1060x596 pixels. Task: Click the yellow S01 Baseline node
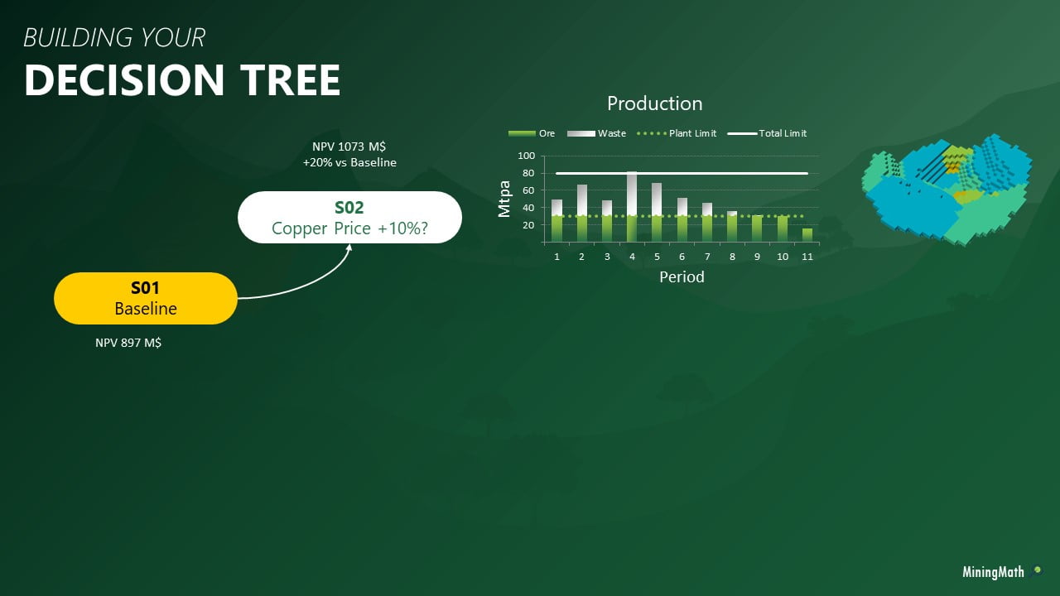(x=146, y=298)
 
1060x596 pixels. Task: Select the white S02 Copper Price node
(x=349, y=217)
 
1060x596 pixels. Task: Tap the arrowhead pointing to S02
(x=349, y=248)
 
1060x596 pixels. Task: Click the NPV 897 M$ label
(x=128, y=343)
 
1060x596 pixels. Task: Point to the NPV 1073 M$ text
(x=349, y=147)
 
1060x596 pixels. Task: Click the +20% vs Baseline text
(x=349, y=162)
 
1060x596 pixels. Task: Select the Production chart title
(x=655, y=103)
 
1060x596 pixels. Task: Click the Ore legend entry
(x=532, y=133)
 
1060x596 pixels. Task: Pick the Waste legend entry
(x=596, y=133)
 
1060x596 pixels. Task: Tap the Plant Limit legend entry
(x=677, y=133)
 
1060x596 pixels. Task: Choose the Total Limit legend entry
(x=767, y=133)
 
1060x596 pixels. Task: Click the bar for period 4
(x=632, y=207)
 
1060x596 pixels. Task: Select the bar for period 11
(x=807, y=235)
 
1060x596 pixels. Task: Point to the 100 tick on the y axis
(x=526, y=156)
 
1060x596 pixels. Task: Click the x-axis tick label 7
(x=707, y=257)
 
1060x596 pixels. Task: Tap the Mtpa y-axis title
(x=504, y=199)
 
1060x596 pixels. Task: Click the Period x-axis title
(x=682, y=276)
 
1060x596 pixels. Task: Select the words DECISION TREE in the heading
(x=182, y=80)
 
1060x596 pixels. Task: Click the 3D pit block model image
(x=947, y=190)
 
